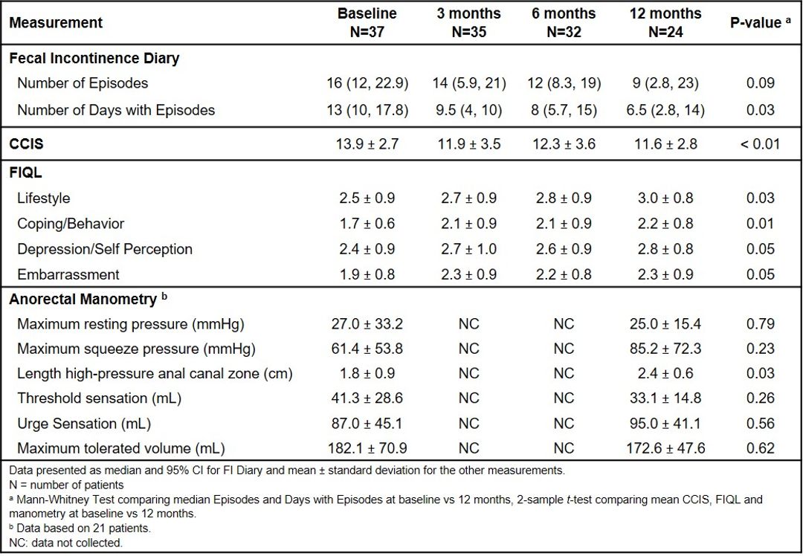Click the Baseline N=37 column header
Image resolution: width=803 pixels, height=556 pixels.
click(x=367, y=22)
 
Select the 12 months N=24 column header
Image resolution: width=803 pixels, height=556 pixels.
click(x=665, y=22)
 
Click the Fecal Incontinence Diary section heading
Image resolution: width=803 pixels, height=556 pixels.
click(x=94, y=59)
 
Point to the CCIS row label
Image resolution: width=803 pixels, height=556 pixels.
click(x=26, y=144)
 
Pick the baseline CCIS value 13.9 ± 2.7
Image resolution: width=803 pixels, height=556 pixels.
click(x=367, y=144)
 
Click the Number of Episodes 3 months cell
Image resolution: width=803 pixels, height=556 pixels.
click(x=468, y=83)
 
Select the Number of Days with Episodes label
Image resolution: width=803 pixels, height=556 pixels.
click(x=116, y=110)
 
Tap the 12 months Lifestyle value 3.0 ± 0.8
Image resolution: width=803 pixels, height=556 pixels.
click(x=665, y=198)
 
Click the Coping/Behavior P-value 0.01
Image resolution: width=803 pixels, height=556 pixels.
click(x=760, y=224)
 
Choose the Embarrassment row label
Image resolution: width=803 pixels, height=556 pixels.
click(x=68, y=274)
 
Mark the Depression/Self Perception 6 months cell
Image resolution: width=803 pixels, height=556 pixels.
click(x=564, y=249)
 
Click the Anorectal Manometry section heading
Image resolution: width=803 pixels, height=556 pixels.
click(x=86, y=299)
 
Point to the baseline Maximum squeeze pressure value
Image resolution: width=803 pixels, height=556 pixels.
click(x=367, y=349)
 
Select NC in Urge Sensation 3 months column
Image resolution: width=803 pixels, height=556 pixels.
click(x=468, y=424)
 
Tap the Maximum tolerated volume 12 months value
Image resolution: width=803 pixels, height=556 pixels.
click(x=665, y=448)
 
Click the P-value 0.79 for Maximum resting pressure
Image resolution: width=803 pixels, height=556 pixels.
click(x=760, y=324)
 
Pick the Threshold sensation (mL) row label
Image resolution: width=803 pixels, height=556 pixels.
click(x=100, y=398)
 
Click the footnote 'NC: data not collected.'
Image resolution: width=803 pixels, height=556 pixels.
click(x=66, y=543)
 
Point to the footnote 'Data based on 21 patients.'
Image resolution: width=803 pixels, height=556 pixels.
click(x=80, y=528)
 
